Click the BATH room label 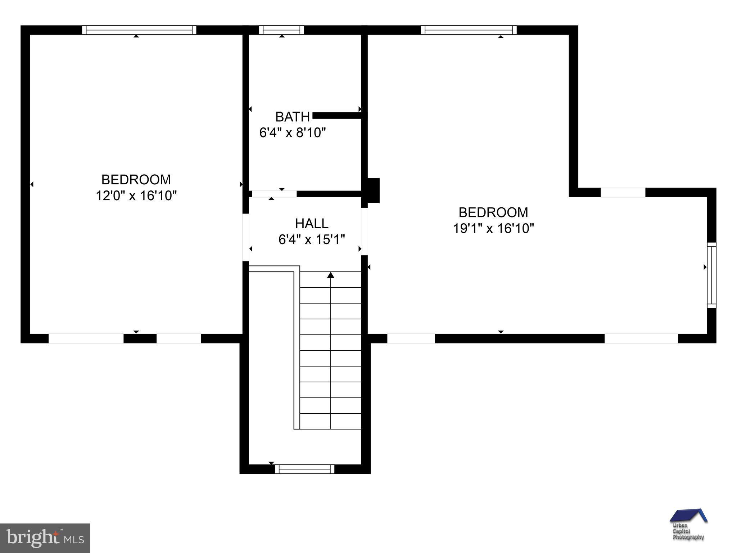[x=292, y=117]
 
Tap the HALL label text [x=312, y=224]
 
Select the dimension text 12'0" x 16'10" [x=136, y=196]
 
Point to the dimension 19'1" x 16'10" [x=493, y=228]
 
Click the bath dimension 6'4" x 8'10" [x=292, y=133]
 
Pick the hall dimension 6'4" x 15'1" [x=312, y=239]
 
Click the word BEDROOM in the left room [x=136, y=180]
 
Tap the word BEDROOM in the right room [x=493, y=212]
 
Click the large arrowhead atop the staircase [x=331, y=275]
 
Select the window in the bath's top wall [x=281, y=30]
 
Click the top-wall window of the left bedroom [x=139, y=30]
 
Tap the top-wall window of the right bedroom [x=469, y=30]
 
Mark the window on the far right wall [x=711, y=275]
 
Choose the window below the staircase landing [x=305, y=469]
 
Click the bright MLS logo [x=45, y=538]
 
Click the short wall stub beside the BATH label [x=337, y=116]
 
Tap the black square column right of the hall [x=373, y=190]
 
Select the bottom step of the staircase [x=330, y=421]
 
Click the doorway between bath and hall [x=274, y=194]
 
